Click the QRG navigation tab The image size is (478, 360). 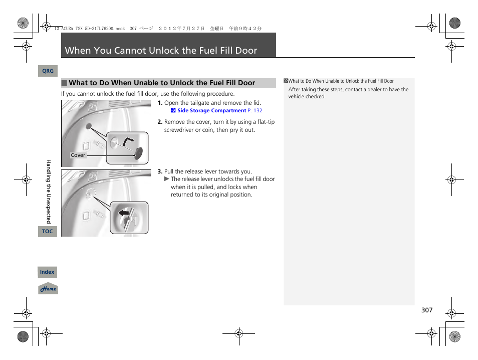click(x=48, y=71)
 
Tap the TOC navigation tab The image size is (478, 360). click(x=47, y=231)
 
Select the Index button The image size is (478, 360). click(x=47, y=272)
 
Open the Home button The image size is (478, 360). click(x=48, y=289)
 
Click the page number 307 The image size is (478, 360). click(x=426, y=310)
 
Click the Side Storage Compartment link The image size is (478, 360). click(x=211, y=110)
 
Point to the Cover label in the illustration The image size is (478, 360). click(x=78, y=155)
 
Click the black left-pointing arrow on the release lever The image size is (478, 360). click(x=123, y=213)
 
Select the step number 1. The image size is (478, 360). click(x=160, y=103)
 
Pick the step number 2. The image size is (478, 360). click(x=160, y=122)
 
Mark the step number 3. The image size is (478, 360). click(x=160, y=171)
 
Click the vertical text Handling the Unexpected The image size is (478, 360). click(x=49, y=191)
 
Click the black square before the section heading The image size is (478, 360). click(x=64, y=83)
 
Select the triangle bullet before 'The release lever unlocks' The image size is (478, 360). click(x=167, y=179)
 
